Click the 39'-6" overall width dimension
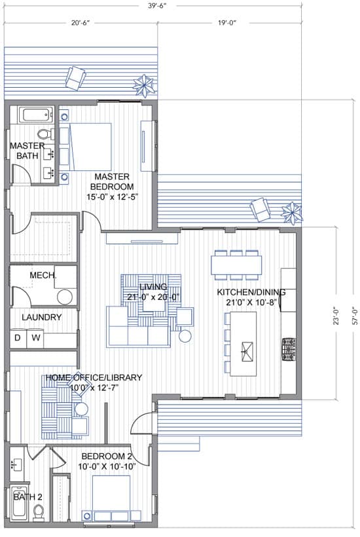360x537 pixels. pos(157,6)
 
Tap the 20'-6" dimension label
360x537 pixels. pos(81,24)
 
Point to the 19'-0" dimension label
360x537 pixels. pos(227,24)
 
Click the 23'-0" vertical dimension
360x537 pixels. pos(336,316)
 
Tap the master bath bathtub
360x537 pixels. pos(35,115)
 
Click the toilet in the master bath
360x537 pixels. pos(46,134)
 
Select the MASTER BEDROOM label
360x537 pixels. pos(112,181)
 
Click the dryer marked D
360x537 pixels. pos(18,338)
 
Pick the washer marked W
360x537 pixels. pos(35,338)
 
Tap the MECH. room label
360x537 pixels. pos(43,275)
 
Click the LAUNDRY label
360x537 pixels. pos(42,317)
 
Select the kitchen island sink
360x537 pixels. pos(247,352)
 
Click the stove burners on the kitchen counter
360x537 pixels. pos(289,350)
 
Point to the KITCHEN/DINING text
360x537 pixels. pos(251,292)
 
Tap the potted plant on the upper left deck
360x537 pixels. pos(144,85)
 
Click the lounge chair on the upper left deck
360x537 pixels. pos(75,78)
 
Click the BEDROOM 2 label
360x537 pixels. pos(107,456)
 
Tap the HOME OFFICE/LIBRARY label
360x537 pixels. pos(94,377)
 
